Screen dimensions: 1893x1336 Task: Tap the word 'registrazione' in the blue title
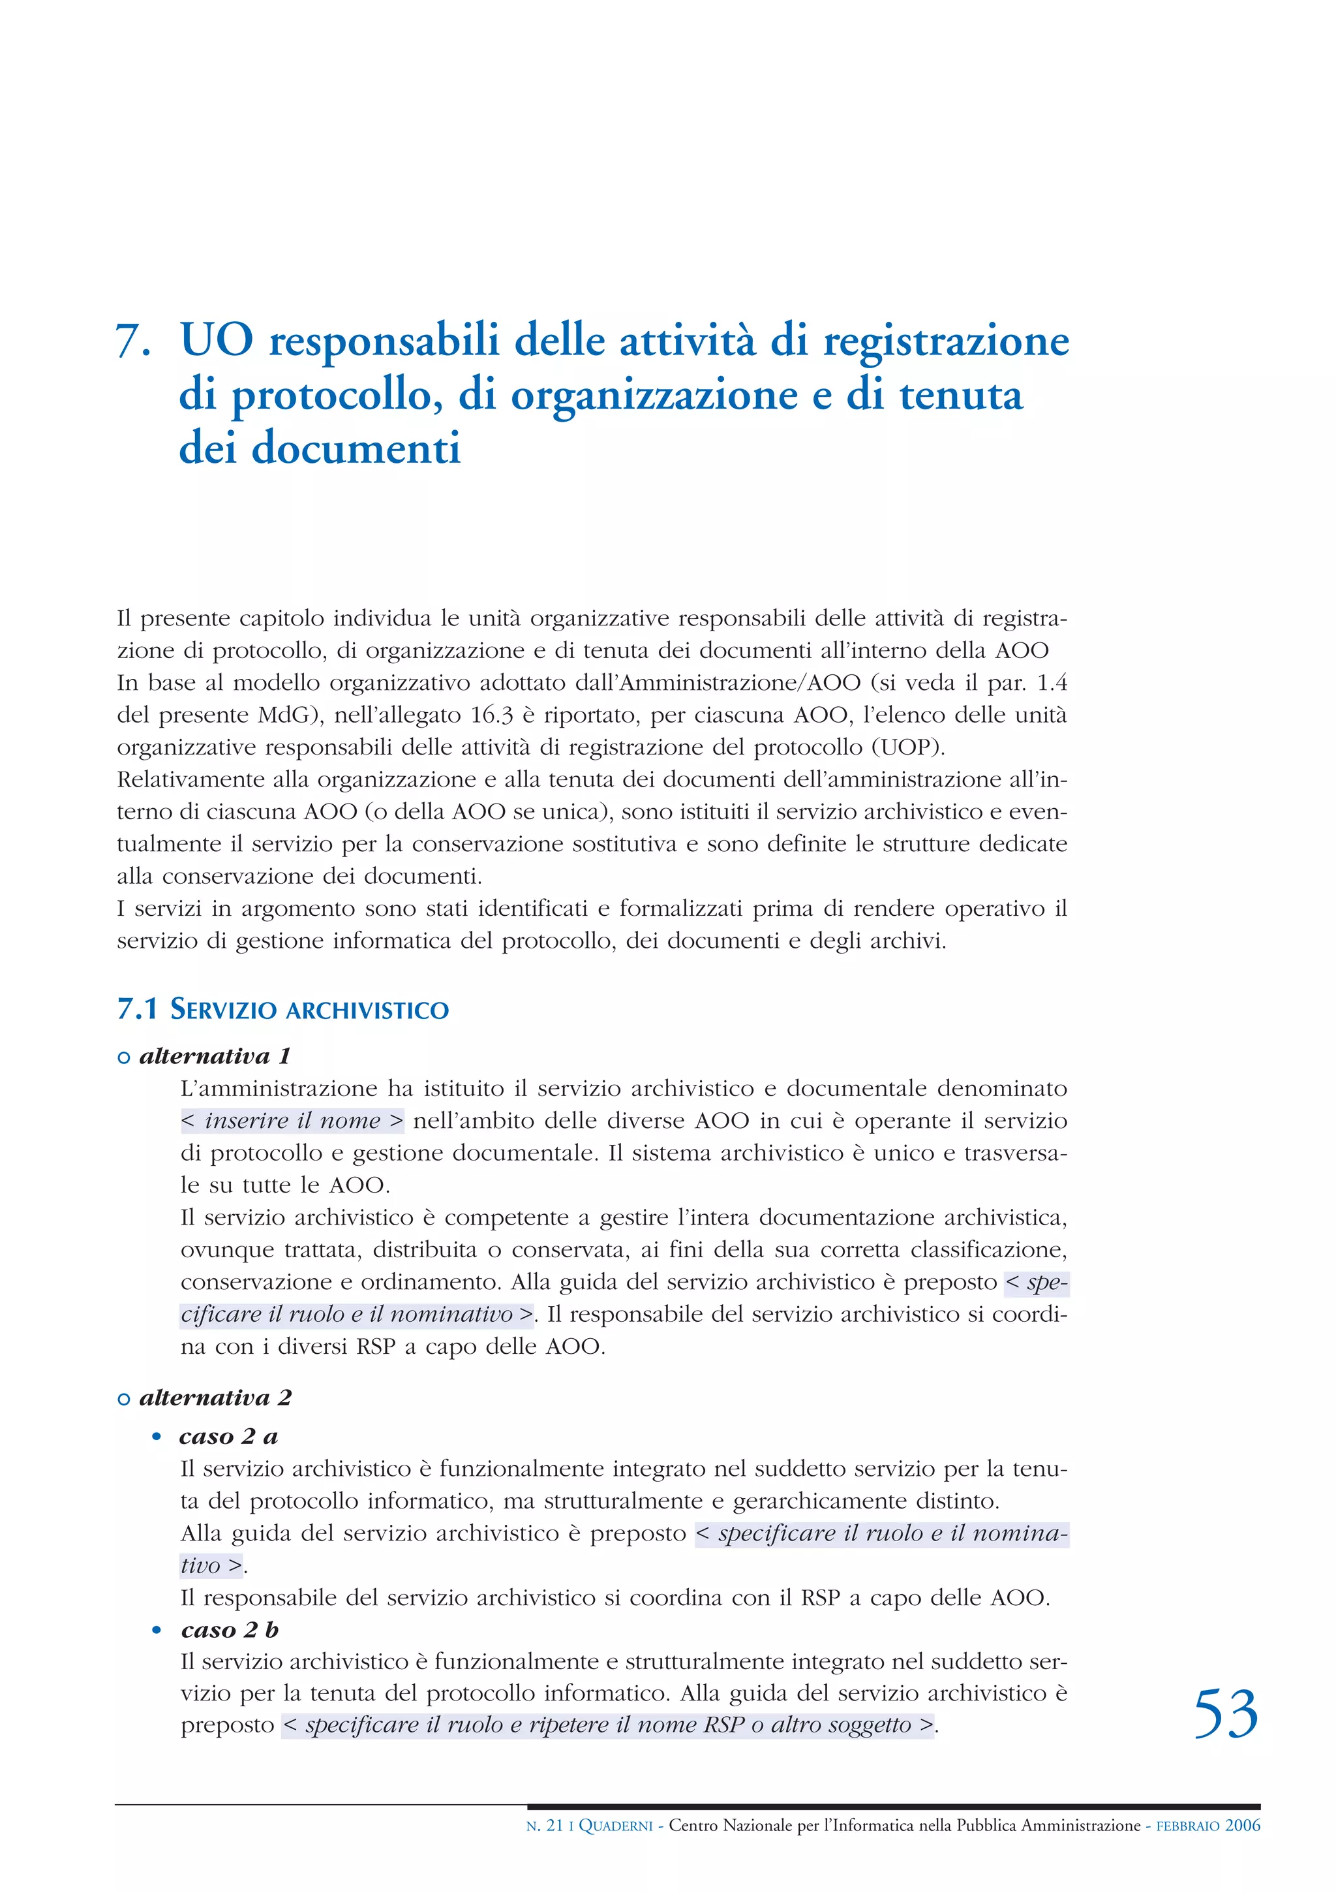point(946,341)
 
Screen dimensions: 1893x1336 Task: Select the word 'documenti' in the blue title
point(356,449)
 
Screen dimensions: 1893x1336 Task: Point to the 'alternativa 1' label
point(214,1056)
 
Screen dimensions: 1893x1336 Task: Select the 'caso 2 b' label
point(229,1630)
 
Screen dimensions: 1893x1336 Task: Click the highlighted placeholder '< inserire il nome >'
point(292,1121)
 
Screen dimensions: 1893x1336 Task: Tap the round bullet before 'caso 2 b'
point(157,1631)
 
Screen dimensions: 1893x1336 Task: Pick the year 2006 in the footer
point(1242,1825)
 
